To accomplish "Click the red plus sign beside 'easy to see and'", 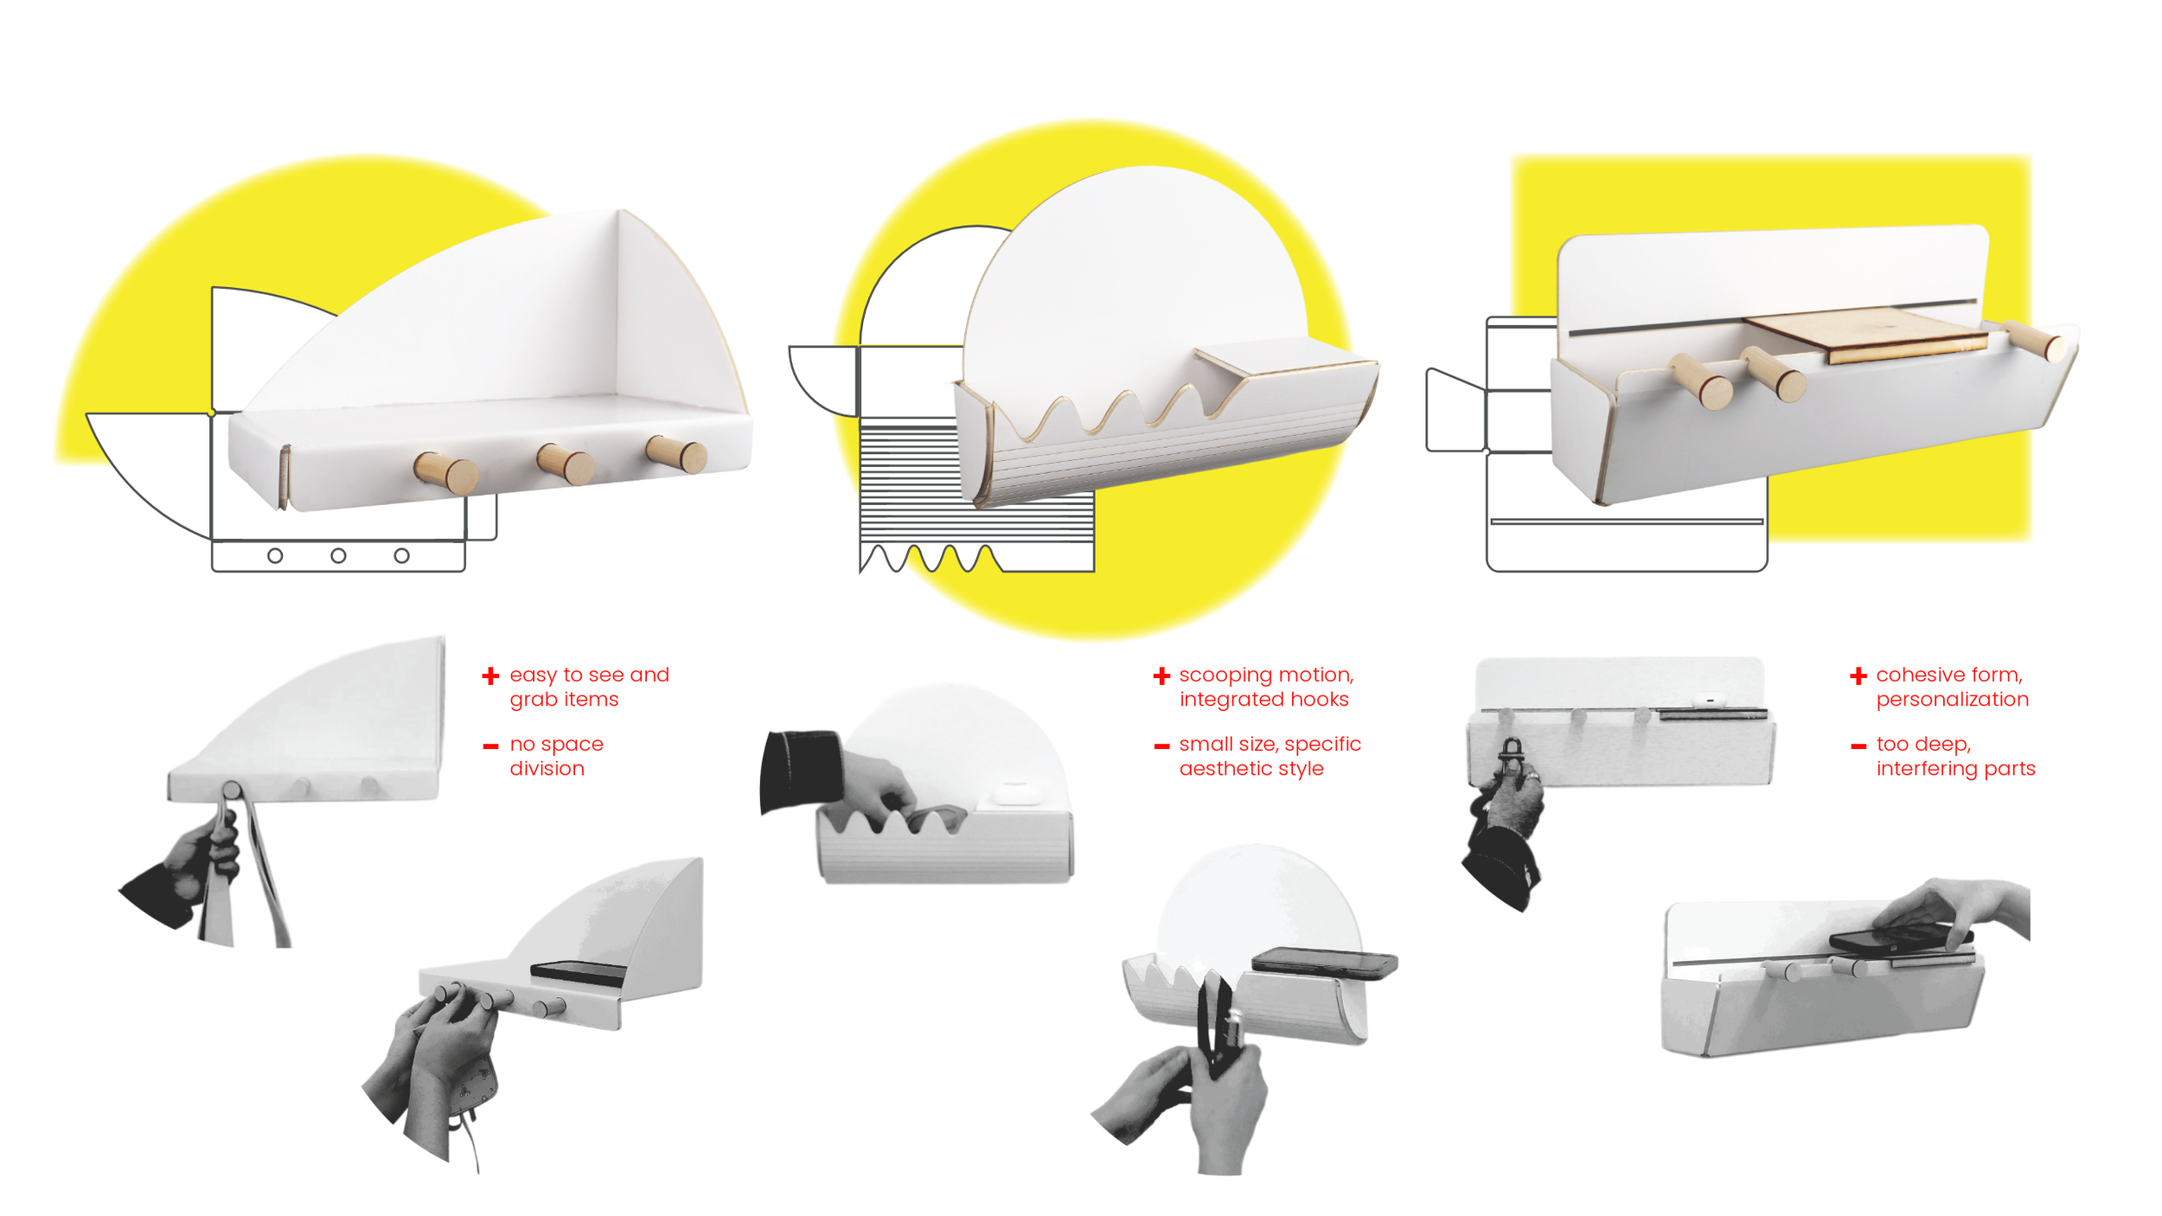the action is coord(490,675).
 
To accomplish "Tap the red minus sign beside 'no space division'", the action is coord(490,746).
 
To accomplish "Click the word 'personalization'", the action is coord(1952,699).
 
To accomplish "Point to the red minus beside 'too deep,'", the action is coord(1858,746).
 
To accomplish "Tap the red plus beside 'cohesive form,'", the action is coord(1858,675).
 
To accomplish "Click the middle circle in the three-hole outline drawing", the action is coord(338,555).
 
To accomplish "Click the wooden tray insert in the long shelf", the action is coord(1868,333).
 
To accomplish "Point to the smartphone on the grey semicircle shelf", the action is coord(1323,963).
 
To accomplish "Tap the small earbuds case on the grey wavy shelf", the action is coord(1014,791).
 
